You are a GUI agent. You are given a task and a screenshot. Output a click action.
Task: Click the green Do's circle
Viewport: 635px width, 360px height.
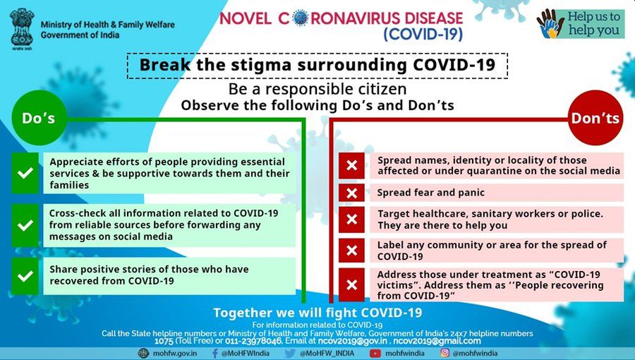(39, 118)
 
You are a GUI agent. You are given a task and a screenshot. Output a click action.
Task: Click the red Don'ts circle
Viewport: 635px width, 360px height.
(595, 118)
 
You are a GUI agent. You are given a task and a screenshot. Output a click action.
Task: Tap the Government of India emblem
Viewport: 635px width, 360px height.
(22, 28)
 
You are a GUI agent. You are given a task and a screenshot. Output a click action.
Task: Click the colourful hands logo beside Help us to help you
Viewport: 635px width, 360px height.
(550, 24)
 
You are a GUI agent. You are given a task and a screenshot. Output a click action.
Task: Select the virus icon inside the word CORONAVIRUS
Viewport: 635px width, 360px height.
(300, 18)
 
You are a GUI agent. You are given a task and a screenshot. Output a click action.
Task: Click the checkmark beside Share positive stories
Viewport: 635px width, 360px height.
(25, 276)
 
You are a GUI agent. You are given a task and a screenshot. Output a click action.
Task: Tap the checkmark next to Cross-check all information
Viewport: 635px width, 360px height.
(25, 225)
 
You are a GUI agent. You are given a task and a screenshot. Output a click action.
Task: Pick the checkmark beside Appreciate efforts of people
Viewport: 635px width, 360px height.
(25, 173)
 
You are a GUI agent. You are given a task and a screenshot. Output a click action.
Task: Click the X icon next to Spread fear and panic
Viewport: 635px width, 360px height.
(351, 193)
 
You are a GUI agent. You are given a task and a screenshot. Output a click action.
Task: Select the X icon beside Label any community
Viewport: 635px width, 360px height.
(351, 251)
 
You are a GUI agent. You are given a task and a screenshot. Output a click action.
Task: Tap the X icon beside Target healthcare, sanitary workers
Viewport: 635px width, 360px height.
(351, 219)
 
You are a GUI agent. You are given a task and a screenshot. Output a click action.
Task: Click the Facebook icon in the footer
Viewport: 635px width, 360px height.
(215, 353)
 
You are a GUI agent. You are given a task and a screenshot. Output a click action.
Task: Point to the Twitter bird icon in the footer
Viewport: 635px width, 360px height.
(290, 353)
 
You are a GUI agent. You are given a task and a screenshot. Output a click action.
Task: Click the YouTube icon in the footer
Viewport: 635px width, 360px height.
(375, 353)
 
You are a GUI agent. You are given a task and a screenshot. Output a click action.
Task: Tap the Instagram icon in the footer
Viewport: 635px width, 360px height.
(445, 353)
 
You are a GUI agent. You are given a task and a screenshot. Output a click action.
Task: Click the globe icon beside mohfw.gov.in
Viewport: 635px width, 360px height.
(143, 353)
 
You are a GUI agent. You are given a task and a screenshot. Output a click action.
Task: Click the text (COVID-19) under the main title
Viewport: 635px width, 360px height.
(423, 34)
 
